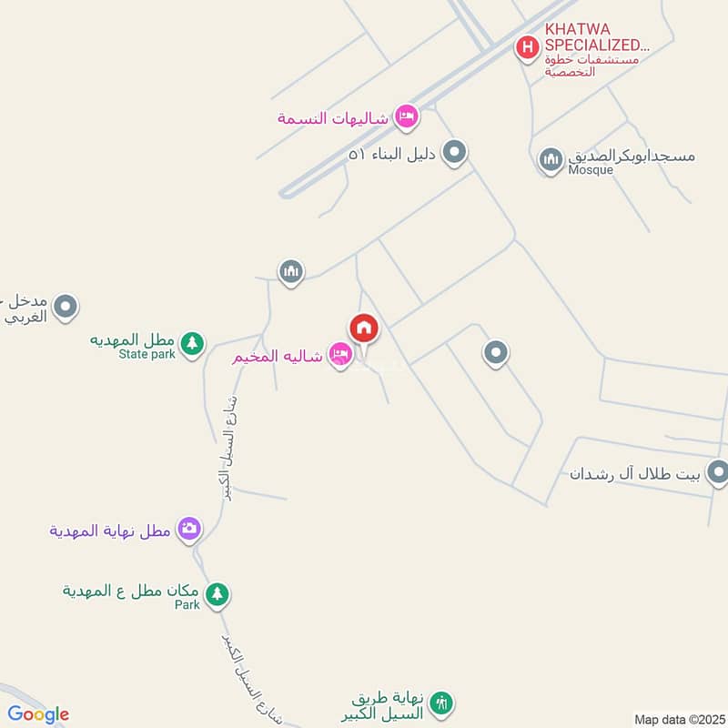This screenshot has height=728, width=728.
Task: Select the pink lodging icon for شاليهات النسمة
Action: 406,116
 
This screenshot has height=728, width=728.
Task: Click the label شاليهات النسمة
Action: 333,118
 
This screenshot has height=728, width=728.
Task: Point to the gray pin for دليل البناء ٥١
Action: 455,153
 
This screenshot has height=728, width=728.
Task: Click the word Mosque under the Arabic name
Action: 591,170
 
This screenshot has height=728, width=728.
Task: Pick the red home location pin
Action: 364,329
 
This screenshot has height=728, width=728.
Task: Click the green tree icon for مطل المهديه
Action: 191,343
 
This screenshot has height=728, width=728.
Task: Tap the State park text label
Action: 147,355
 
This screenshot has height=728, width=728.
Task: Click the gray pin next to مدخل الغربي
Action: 65,308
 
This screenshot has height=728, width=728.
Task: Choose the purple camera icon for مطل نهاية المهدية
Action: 189,528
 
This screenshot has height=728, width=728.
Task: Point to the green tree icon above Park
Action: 217,595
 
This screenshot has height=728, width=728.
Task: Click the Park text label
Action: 187,605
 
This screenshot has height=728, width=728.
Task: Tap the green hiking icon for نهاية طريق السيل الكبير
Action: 441,703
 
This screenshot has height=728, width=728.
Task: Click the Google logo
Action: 37,714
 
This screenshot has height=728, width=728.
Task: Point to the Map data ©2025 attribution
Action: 678,720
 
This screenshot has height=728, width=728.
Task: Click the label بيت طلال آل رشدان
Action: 635,474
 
